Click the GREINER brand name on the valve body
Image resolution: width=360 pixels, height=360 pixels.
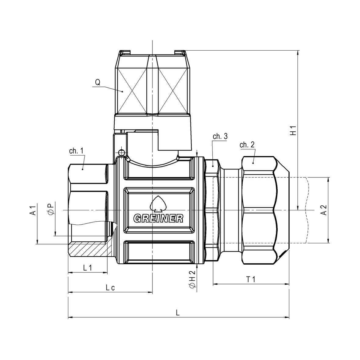pyautogui.click(x=159, y=219)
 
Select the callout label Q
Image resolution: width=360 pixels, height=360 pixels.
pyautogui.click(x=98, y=82)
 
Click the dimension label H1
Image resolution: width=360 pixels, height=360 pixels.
pyautogui.click(x=293, y=130)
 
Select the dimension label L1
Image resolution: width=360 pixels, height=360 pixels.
pyautogui.click(x=87, y=267)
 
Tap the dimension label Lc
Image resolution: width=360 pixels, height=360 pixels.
pyautogui.click(x=110, y=287)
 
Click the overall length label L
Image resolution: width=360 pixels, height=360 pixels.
pyautogui.click(x=178, y=313)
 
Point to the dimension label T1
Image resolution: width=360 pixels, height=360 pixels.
pyautogui.click(x=251, y=280)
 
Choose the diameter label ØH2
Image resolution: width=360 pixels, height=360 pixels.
pyautogui.click(x=192, y=279)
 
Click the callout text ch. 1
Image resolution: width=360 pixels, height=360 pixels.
pyautogui.click(x=76, y=151)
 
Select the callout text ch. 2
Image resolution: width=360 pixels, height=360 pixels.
pyautogui.click(x=247, y=145)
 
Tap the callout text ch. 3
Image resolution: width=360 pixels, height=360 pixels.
pyautogui.click(x=220, y=136)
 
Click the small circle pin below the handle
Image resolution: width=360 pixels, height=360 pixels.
pyautogui.click(x=121, y=152)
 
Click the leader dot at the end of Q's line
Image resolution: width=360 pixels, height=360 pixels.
pyautogui.click(x=122, y=91)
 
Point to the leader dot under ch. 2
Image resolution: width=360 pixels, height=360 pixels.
pyautogui.click(x=253, y=163)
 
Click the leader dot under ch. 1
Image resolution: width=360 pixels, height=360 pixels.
pyautogui.click(x=83, y=169)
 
